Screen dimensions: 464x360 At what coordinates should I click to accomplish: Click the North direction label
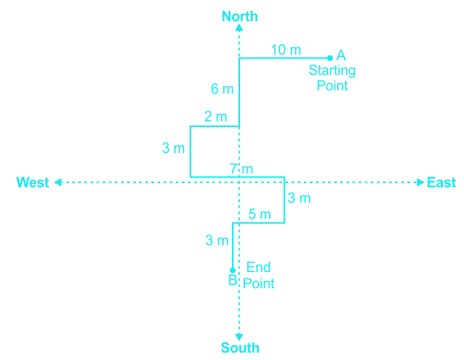click(239, 16)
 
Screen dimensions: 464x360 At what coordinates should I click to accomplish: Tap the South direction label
click(240, 348)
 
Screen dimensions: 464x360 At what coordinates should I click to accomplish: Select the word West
click(33, 182)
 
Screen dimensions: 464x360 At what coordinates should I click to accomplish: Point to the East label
click(441, 182)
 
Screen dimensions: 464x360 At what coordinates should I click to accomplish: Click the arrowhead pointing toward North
click(239, 27)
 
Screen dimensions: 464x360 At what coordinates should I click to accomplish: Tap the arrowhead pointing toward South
click(239, 337)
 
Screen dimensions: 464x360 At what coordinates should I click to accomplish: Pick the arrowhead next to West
click(58, 182)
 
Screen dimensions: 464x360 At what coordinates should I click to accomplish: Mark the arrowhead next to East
click(421, 182)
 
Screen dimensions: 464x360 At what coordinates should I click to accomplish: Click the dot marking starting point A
click(330, 58)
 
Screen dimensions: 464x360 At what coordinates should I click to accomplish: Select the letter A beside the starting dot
click(341, 55)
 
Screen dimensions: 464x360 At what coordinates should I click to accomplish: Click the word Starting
click(332, 71)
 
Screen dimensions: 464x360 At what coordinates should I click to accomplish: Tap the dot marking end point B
click(233, 270)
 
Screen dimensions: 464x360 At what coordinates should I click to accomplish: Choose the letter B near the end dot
click(233, 280)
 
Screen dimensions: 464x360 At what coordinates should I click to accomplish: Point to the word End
click(259, 267)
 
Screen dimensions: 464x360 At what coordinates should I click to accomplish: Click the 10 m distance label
click(286, 50)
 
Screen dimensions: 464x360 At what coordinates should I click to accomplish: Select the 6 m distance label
click(222, 89)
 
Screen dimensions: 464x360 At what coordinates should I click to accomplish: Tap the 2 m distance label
click(216, 116)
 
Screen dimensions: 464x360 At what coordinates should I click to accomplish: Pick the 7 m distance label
click(242, 169)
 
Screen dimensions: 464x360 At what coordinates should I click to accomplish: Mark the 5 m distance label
click(260, 214)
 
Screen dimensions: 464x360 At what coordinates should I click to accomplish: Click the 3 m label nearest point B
click(217, 240)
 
